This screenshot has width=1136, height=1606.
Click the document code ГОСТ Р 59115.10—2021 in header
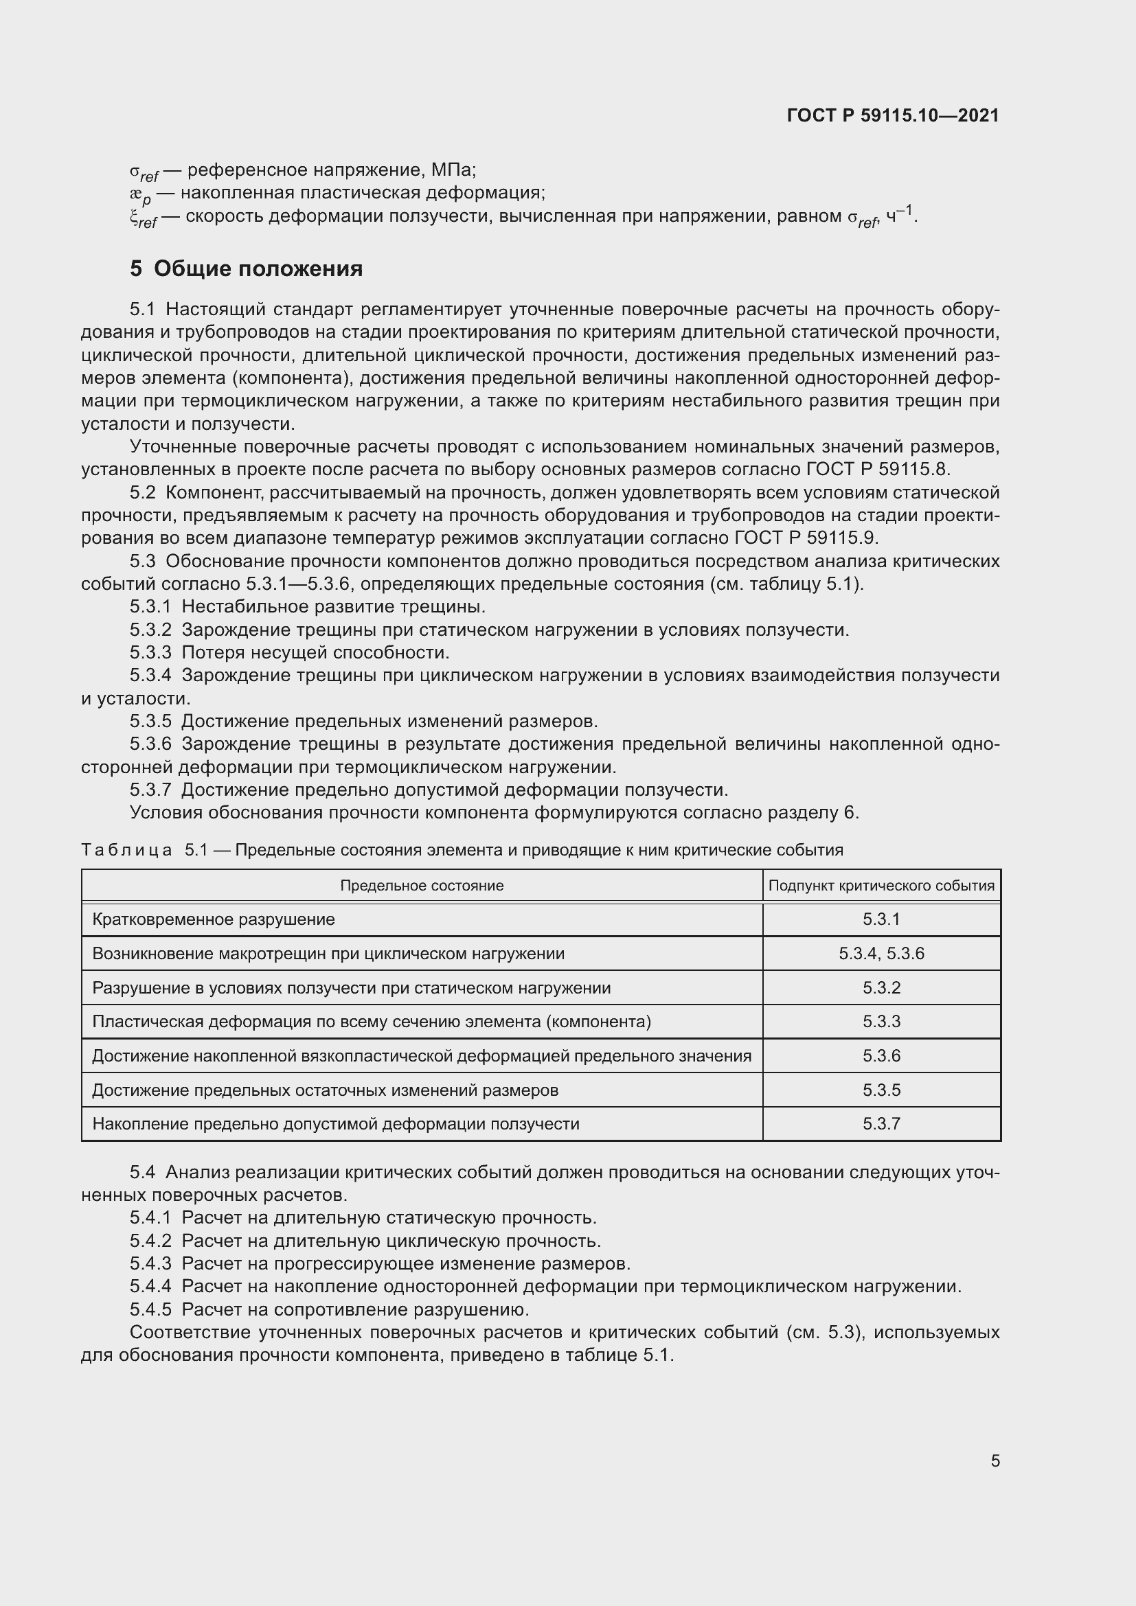894,115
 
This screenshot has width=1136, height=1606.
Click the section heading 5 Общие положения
247,268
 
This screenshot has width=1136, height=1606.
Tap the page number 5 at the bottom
995,1460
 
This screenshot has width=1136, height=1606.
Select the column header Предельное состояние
422,886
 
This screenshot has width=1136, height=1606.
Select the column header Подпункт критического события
881,886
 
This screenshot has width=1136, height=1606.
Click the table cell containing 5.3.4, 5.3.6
881,954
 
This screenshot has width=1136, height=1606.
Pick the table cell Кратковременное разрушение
214,919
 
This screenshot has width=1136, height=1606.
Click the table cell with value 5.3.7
881,1123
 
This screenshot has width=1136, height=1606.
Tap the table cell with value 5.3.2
881,987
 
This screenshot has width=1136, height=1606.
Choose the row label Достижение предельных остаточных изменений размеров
326,1090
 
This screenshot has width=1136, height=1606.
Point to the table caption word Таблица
126,850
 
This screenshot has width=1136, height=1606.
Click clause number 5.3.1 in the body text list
150,606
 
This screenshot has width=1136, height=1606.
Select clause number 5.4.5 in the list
150,1309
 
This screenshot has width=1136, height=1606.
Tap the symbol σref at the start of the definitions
144,172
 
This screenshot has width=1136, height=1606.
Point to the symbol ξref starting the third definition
143,218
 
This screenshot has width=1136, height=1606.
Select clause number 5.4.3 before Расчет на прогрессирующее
150,1263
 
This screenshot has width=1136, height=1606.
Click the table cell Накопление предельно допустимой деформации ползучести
336,1123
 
